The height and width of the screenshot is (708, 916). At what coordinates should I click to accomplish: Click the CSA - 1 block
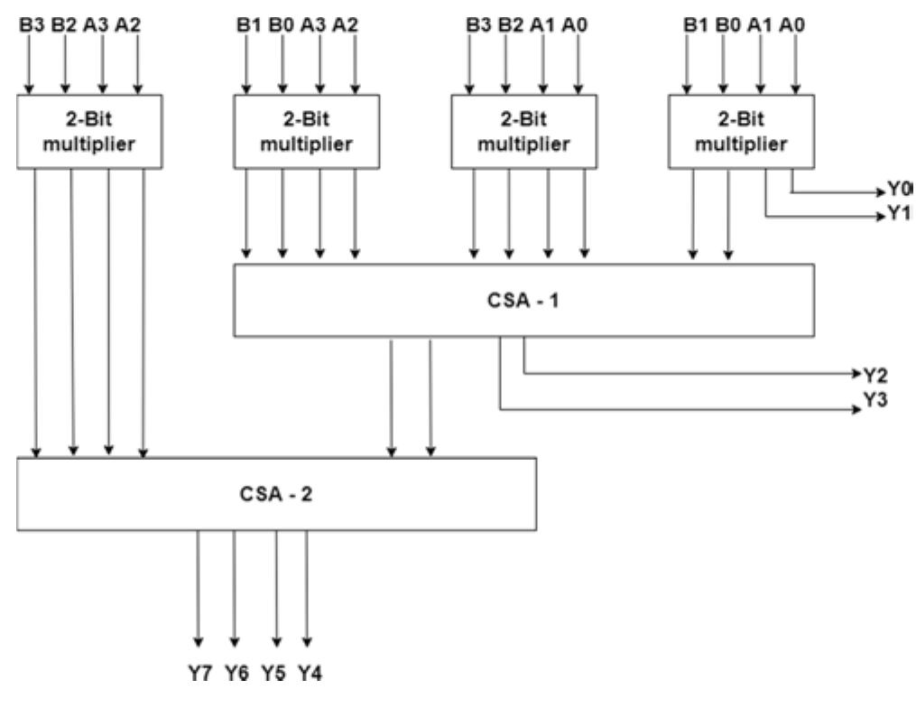pos(523,301)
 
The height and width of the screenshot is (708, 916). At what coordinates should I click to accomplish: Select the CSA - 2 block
pos(276,494)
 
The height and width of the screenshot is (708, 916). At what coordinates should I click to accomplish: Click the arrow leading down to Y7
pos(199,587)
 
